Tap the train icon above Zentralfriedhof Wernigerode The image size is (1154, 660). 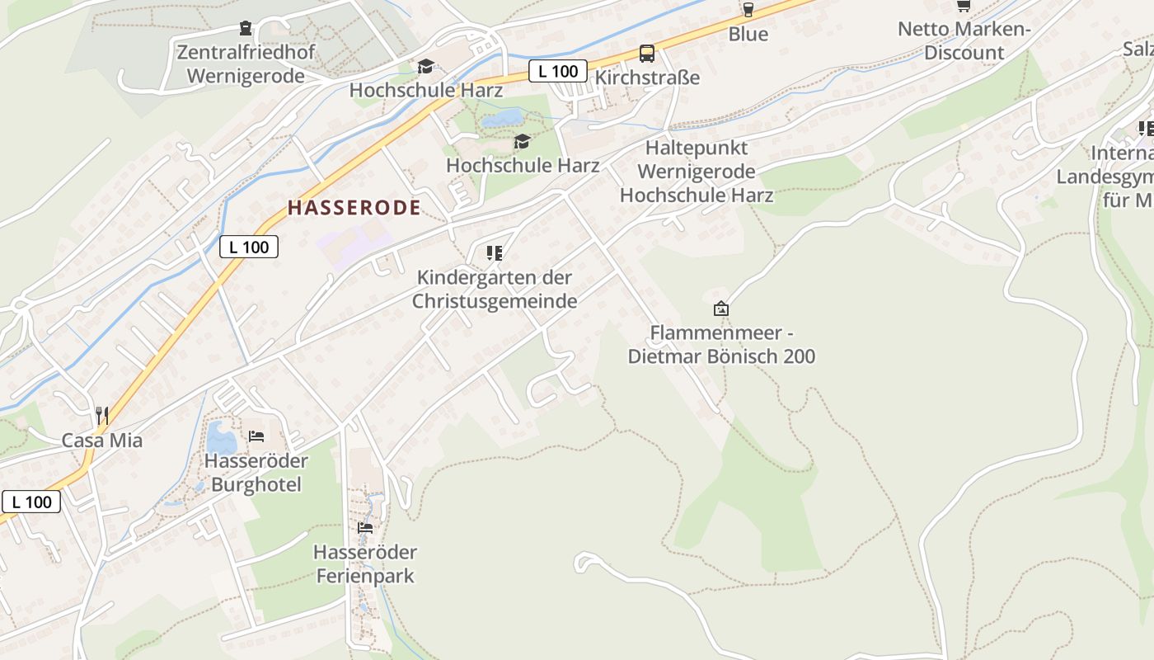pyautogui.click(x=246, y=29)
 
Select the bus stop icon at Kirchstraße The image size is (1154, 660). pyautogui.click(x=647, y=54)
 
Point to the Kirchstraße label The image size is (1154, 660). pyautogui.click(x=647, y=78)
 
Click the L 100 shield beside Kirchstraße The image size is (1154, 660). pyautogui.click(x=558, y=71)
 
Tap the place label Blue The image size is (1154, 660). pyautogui.click(x=748, y=34)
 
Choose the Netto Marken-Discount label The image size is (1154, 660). pyautogui.click(x=964, y=40)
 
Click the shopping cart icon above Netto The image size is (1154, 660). pyautogui.click(x=963, y=6)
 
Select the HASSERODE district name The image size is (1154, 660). pyautogui.click(x=354, y=208)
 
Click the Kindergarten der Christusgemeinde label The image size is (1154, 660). pyautogui.click(x=495, y=289)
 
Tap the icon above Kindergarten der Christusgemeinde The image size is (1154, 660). pyautogui.click(x=495, y=253)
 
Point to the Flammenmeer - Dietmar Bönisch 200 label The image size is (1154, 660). pyautogui.click(x=721, y=345)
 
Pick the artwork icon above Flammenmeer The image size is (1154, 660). pyautogui.click(x=721, y=309)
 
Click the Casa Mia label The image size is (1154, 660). pyautogui.click(x=102, y=441)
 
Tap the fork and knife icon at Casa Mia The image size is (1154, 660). pyautogui.click(x=102, y=415)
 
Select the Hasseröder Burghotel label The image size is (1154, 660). pyautogui.click(x=256, y=473)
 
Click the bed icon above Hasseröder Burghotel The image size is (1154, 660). pyautogui.click(x=256, y=436)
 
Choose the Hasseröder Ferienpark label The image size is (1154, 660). pyautogui.click(x=365, y=563)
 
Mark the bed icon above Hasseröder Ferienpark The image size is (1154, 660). pyautogui.click(x=365, y=528)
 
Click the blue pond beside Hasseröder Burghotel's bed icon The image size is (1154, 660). pyautogui.click(x=221, y=438)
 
